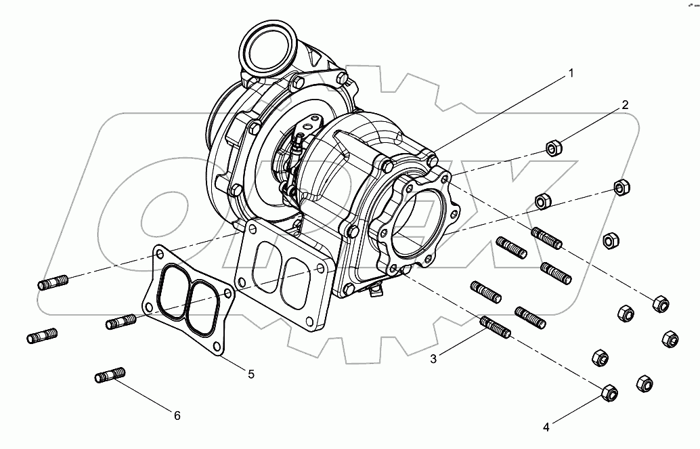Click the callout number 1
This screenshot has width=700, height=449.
point(571,73)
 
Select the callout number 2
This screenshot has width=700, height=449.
point(625,104)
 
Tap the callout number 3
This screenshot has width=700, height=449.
point(433,359)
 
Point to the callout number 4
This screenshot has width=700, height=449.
point(546,427)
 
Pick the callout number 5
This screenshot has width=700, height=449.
point(250,373)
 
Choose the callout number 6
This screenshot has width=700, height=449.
point(177,416)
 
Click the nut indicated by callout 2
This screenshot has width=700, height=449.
point(554,148)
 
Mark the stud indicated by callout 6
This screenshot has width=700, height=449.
point(110,374)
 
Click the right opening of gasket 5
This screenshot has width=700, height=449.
point(202,302)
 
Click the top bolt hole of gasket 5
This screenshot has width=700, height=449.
point(159,255)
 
